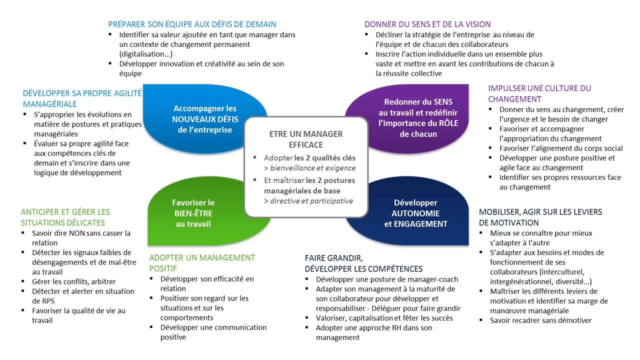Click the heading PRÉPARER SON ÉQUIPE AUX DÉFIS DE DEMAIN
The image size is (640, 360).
tap(192, 24)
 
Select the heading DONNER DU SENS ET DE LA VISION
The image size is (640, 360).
tap(427, 24)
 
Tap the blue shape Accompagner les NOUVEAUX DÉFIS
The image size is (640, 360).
tap(205, 118)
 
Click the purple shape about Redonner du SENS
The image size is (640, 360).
tap(417, 117)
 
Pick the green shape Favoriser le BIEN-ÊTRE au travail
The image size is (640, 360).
tap(193, 213)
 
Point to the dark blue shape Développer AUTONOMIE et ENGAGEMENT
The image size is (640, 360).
tap(415, 213)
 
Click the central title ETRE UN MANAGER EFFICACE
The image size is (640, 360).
tap(306, 139)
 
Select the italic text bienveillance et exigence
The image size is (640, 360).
tap(312, 168)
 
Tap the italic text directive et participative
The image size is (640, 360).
tap(311, 201)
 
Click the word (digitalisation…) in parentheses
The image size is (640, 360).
tap(145, 53)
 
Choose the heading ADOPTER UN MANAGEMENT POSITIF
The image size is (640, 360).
tap(202, 263)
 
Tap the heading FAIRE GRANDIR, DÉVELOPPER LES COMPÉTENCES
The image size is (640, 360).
tap(363, 263)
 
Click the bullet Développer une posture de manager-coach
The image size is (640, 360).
tap(387, 279)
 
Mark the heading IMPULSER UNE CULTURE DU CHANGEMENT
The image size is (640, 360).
tap(539, 93)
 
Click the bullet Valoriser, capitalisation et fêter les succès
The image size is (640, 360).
tap(384, 318)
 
